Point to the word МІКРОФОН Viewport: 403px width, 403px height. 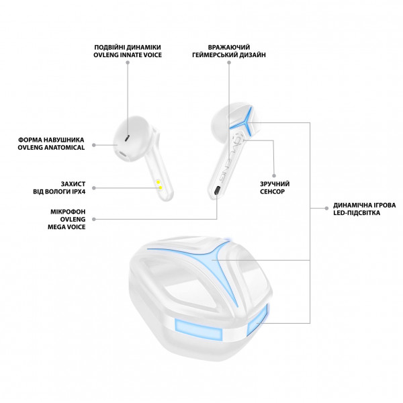[x=66, y=210]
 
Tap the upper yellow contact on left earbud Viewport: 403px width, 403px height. [x=158, y=181]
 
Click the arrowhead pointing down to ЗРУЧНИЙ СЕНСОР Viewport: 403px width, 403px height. [x=274, y=171]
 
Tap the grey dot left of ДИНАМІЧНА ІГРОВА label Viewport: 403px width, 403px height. [x=321, y=209]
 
